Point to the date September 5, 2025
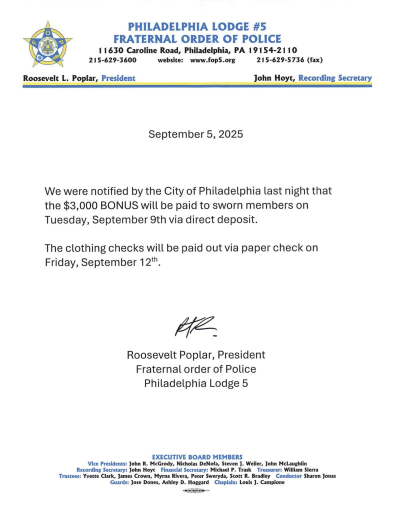196,134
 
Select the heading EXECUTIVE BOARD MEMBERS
197,457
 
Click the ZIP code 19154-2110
270,50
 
